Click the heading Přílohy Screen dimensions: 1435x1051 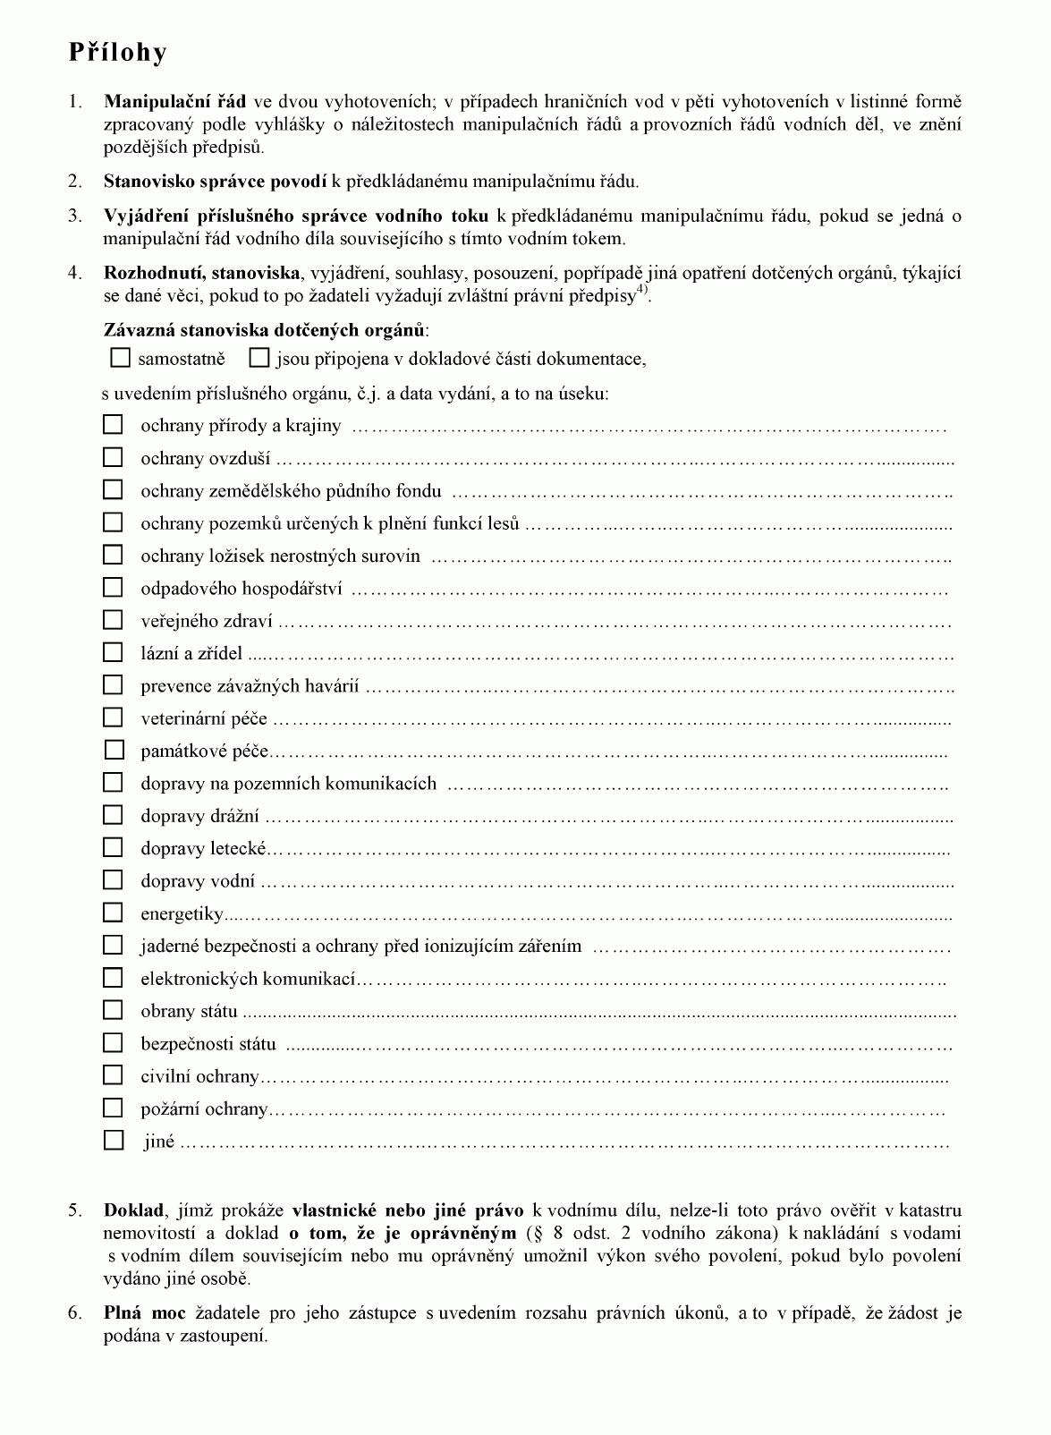pos(117,53)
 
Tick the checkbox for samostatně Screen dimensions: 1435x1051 pos(120,359)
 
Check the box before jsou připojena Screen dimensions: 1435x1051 pos(259,359)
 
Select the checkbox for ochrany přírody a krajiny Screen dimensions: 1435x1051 pos(113,425)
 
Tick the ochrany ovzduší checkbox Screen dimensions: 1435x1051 pos(113,458)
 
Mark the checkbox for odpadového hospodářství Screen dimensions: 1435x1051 pos(113,588)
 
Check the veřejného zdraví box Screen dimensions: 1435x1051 pos(113,620)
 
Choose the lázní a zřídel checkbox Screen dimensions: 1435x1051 pos(113,653)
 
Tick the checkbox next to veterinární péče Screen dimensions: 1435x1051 pos(113,717)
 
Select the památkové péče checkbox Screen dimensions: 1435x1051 pos(114,750)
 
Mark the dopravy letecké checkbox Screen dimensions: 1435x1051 pos(113,847)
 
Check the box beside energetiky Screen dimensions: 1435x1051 pos(113,913)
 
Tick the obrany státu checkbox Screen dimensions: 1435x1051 pos(113,1010)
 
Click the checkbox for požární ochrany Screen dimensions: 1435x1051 pos(113,1108)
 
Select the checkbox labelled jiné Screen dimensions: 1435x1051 pos(114,1141)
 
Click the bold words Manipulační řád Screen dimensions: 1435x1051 pos(175,102)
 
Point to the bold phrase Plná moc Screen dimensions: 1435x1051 pos(145,1313)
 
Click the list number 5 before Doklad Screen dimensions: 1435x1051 pos(75,1211)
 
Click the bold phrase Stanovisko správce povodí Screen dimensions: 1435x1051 pos(215,182)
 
